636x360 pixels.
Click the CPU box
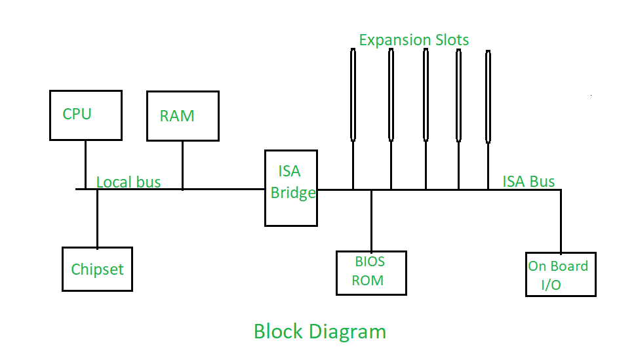point(86,115)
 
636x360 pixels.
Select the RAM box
point(182,116)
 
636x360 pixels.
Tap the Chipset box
point(97,269)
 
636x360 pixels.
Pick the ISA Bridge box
point(290,188)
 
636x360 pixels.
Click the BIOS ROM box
point(370,272)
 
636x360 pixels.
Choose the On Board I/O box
point(561,274)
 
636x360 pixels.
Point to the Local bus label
point(129,182)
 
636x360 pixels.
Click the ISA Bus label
point(528,181)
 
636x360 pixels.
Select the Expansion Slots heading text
point(414,40)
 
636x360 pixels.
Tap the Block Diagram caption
point(319,331)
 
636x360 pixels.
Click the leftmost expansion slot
point(353,94)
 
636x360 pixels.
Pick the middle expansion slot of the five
point(426,94)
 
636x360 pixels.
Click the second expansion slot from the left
point(391,94)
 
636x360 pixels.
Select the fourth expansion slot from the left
point(458,94)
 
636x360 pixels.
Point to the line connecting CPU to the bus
point(85,164)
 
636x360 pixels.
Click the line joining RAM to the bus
point(182,165)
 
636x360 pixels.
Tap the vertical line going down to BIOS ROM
point(371,220)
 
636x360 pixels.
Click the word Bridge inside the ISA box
point(293,193)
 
